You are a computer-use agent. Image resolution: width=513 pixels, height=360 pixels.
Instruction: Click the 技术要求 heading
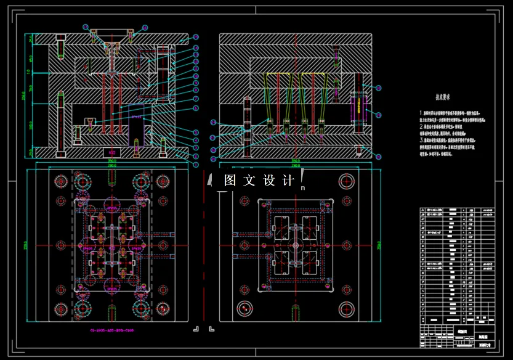(x=443, y=97)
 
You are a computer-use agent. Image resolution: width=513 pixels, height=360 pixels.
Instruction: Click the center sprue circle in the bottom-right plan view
(x=296, y=245)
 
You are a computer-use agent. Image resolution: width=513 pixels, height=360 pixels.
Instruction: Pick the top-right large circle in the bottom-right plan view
(x=347, y=181)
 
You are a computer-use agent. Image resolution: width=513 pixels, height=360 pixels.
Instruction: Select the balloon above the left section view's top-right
(x=145, y=27)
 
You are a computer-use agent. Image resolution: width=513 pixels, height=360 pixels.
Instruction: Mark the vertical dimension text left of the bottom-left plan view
(x=27, y=245)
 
